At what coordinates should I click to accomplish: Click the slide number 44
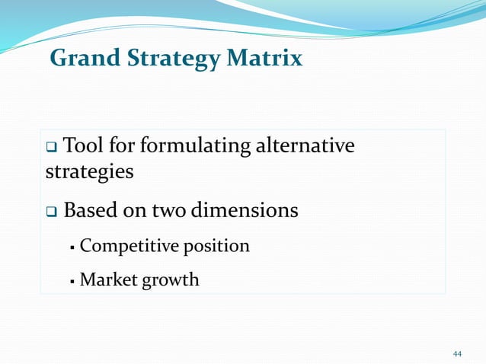[x=457, y=354]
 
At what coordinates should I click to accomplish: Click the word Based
[x=91, y=209]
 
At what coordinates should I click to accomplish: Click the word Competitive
[x=125, y=246]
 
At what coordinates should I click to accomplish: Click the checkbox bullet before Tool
[x=51, y=145]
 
